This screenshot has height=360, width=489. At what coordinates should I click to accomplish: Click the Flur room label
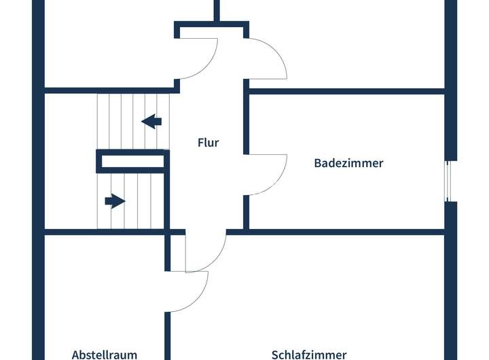[209, 143]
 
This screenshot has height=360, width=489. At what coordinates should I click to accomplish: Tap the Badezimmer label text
[348, 163]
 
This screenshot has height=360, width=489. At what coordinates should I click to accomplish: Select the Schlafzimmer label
[309, 354]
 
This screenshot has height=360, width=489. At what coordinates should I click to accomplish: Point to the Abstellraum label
[105, 354]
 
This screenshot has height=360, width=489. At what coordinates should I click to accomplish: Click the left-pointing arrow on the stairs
[151, 122]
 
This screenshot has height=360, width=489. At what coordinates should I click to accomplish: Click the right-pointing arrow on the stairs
[115, 201]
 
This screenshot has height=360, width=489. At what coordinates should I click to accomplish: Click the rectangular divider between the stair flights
[132, 162]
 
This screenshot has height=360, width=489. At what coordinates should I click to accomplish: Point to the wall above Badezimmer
[346, 90]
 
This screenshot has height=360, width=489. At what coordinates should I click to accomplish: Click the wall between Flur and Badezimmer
[247, 122]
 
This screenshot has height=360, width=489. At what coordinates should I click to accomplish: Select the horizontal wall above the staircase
[109, 89]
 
